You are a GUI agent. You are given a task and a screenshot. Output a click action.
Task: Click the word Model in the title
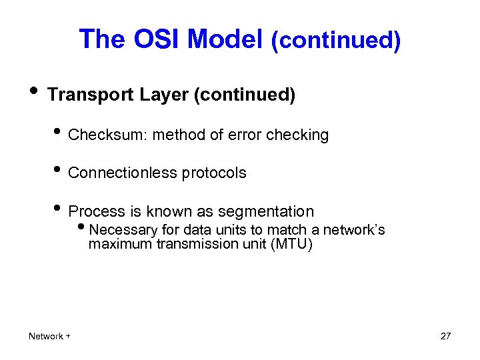pos(225,39)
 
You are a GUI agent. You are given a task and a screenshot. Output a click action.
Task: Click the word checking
pos(297,135)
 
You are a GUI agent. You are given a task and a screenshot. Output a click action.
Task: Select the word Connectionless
pos(118,173)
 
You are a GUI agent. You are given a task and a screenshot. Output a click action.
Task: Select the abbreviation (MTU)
pos(291,245)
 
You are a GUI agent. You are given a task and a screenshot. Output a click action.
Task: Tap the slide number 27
pos(445,336)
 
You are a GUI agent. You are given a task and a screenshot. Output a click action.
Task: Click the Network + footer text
pos(49,336)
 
